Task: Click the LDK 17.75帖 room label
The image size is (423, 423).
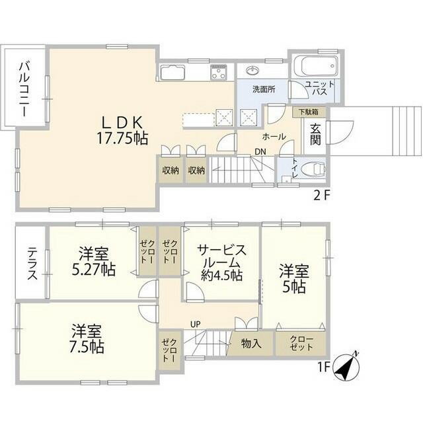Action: click(122, 131)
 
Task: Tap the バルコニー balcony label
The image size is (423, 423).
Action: click(24, 89)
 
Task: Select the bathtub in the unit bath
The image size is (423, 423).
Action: click(315, 67)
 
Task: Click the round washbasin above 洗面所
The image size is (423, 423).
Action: click(252, 71)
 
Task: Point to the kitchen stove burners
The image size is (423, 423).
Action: click(218, 71)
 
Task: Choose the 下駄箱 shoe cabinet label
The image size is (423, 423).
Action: click(309, 112)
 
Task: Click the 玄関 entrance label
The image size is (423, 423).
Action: click(315, 135)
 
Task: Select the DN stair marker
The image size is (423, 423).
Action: click(260, 152)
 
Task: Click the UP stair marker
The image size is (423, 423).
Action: click(196, 324)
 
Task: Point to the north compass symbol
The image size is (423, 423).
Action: click(347, 365)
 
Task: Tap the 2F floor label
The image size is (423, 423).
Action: click(322, 195)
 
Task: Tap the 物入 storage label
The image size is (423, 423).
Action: click(251, 344)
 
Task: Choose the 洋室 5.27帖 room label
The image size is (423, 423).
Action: click(94, 261)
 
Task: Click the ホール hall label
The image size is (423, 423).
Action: click(274, 137)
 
